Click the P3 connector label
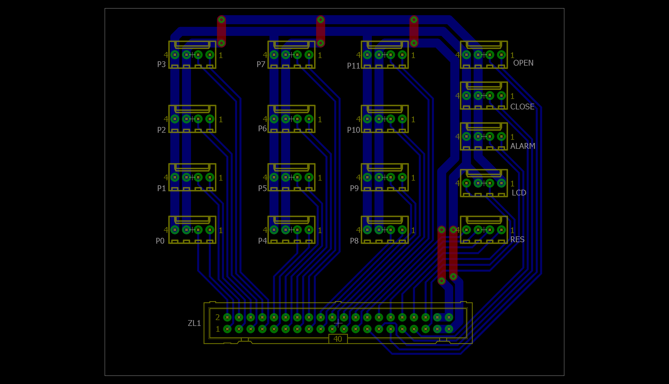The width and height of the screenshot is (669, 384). tap(161, 64)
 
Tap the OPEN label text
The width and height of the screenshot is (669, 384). tap(523, 63)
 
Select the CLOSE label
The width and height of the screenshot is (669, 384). tap(522, 107)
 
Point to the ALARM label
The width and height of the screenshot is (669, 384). tap(523, 146)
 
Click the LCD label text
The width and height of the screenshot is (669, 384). tap(519, 193)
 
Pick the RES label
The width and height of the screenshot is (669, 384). tap(517, 240)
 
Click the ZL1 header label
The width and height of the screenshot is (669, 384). tap(194, 323)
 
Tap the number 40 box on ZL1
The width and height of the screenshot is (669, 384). tap(338, 339)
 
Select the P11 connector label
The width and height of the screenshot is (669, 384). tap(353, 66)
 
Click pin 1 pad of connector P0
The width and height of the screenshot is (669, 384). tap(210, 230)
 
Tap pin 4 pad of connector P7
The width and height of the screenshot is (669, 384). tap(274, 55)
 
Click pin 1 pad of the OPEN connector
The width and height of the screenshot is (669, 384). tap(501, 55)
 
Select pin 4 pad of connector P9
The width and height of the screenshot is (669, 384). tap(367, 177)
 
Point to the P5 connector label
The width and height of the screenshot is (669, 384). tap(262, 188)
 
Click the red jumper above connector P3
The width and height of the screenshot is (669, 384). tap(221, 32)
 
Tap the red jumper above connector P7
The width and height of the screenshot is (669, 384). tap(321, 32)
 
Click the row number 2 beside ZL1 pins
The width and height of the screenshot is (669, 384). tap(218, 317)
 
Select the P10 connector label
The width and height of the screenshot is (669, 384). tap(353, 130)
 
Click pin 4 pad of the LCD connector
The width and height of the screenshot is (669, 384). tap(466, 183)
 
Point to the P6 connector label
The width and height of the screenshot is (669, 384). tap(262, 128)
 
